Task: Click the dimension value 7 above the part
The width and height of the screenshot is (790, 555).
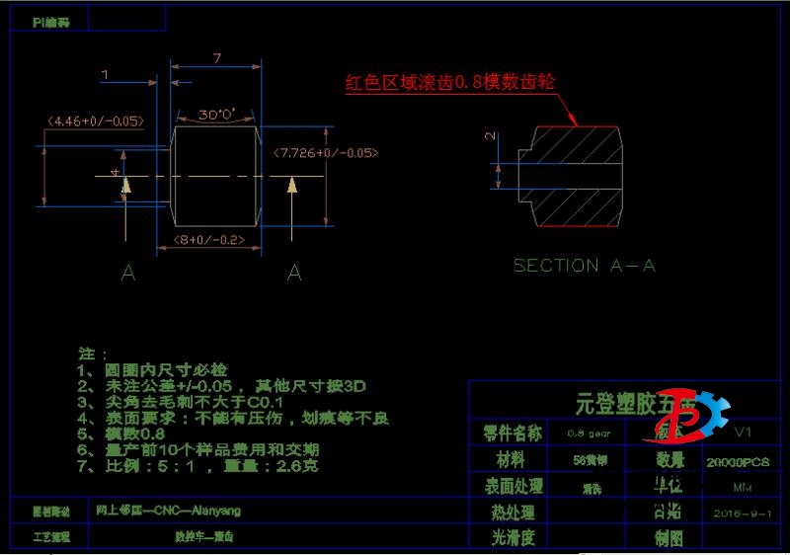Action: tap(216, 58)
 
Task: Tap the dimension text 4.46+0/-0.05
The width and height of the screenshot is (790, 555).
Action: tap(96, 121)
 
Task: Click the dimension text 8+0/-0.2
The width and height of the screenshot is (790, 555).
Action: tap(209, 240)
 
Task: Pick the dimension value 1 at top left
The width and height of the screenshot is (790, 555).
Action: tap(105, 74)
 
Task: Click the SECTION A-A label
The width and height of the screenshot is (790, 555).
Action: tap(584, 266)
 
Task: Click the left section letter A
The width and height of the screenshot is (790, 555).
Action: tap(126, 274)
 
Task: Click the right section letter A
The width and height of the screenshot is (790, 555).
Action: tap(293, 274)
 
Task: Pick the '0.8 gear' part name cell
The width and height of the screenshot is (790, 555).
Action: tap(589, 433)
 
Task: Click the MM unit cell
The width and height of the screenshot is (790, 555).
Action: tap(741, 488)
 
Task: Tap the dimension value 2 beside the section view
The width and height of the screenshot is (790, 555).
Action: tap(491, 137)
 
